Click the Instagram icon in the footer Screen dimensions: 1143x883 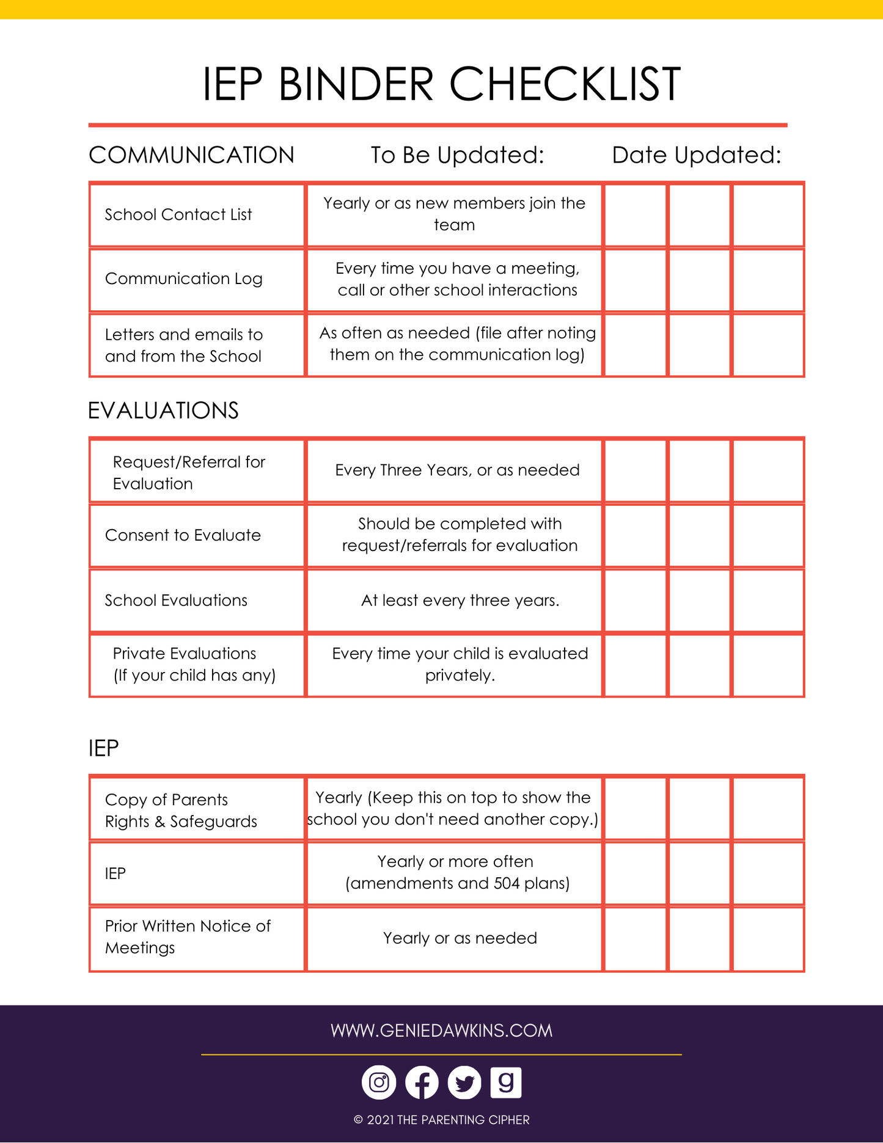[379, 1083]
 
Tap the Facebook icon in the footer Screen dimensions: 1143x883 [422, 1083]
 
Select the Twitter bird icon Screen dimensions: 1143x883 [464, 1083]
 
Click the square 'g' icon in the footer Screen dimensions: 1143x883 [506, 1083]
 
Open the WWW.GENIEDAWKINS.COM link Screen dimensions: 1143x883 [441, 1031]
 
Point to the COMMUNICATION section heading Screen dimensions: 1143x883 [191, 155]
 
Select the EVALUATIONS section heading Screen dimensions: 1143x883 [163, 411]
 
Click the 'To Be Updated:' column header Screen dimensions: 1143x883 [457, 155]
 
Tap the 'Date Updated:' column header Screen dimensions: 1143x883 [697, 155]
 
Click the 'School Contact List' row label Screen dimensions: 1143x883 [178, 214]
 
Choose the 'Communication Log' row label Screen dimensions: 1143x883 [184, 279]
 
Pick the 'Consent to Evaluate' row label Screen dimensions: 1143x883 [183, 535]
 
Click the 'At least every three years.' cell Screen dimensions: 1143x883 [460, 601]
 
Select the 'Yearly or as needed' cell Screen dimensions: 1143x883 [460, 938]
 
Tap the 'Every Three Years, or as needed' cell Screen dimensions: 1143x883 [457, 470]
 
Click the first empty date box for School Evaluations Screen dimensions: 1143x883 [636, 601]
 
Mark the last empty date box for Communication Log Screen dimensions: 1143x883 [768, 280]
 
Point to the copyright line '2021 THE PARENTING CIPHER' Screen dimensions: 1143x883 [442, 1120]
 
